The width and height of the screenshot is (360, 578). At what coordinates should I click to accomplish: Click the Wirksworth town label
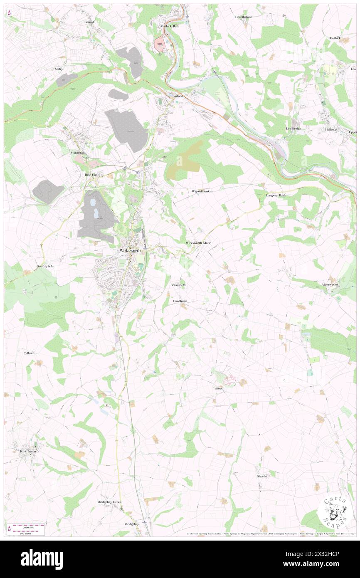click(130, 251)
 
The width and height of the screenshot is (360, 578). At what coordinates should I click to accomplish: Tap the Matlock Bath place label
click(170, 26)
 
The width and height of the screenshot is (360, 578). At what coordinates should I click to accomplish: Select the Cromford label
click(176, 96)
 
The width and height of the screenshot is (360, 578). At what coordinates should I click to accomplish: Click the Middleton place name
click(77, 153)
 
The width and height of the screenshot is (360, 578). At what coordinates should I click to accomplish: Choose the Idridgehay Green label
click(109, 502)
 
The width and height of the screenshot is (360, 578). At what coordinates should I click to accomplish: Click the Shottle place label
click(261, 476)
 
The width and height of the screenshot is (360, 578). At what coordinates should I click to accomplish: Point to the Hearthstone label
click(243, 17)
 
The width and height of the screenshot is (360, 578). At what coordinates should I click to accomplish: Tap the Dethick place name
click(335, 38)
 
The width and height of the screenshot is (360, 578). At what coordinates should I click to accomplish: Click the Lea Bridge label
click(293, 129)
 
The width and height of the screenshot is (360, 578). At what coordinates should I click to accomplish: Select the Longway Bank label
click(276, 195)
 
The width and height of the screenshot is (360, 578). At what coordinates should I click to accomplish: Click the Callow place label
click(28, 353)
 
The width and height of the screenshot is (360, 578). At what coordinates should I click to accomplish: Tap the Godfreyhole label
click(45, 266)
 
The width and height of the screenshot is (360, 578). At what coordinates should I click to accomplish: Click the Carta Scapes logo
click(333, 510)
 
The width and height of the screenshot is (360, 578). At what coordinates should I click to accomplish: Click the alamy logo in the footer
click(42, 559)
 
